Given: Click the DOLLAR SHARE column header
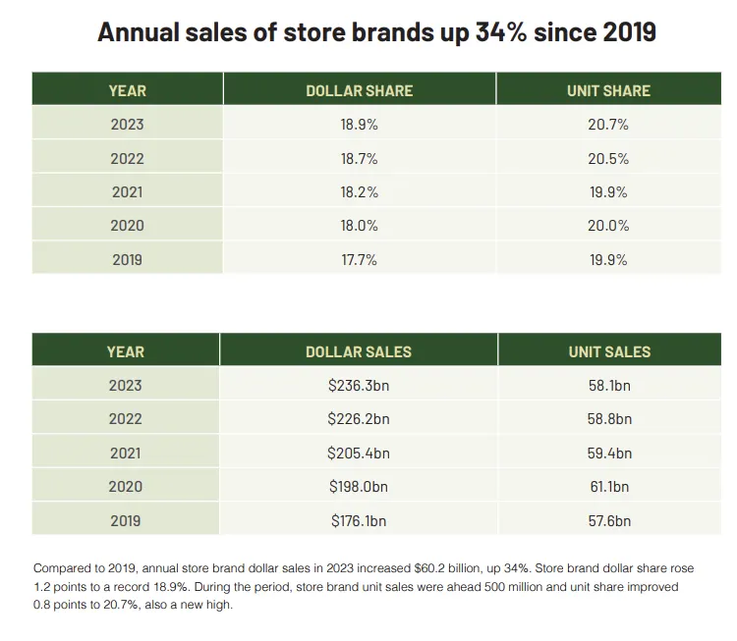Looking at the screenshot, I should [359, 90].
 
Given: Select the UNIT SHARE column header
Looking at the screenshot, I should [608, 90].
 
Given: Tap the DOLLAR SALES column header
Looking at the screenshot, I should [359, 351].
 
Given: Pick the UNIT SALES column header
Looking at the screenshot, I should [608, 351].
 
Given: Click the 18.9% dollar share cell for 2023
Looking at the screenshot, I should [359, 125].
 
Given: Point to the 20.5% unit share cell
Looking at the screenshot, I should [608, 158].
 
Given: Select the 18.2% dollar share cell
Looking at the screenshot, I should [359, 192].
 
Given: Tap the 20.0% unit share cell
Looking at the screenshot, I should [608, 226].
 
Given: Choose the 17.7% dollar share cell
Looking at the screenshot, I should [359, 259].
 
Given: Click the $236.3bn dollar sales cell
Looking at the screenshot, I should [359, 386].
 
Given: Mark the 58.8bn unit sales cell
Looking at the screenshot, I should [608, 419].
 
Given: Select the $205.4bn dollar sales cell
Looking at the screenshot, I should [359, 454].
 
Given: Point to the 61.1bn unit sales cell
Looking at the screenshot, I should [608, 487].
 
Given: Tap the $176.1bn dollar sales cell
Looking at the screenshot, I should [359, 520].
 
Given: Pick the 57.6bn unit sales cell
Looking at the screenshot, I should [608, 520].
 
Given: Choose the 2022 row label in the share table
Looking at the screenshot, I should [126, 158].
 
